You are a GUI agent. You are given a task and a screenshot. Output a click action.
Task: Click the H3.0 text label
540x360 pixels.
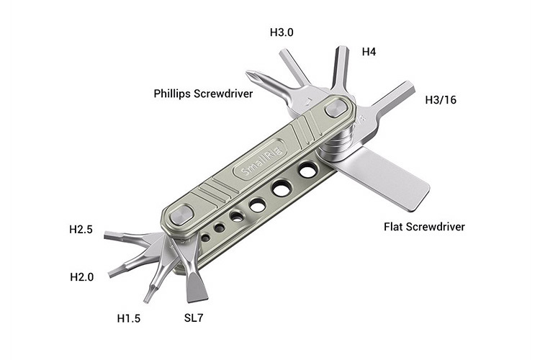pos(282,32)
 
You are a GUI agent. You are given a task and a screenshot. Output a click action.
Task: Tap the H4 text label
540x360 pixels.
pos(369,51)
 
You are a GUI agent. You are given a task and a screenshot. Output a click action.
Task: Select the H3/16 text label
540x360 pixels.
pos(441,99)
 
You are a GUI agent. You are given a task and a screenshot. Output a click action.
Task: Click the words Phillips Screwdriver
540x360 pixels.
pos(203,94)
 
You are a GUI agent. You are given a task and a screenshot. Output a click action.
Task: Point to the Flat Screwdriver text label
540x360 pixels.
pos(424,227)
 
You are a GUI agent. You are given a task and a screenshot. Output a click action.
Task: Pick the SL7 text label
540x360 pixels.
pos(194,317)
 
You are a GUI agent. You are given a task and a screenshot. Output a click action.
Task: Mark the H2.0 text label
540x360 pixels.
pos(83,277)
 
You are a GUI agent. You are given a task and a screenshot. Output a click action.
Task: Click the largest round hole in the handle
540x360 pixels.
pos(308,171)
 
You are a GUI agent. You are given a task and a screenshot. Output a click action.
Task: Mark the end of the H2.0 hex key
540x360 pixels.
pos(114,272)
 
